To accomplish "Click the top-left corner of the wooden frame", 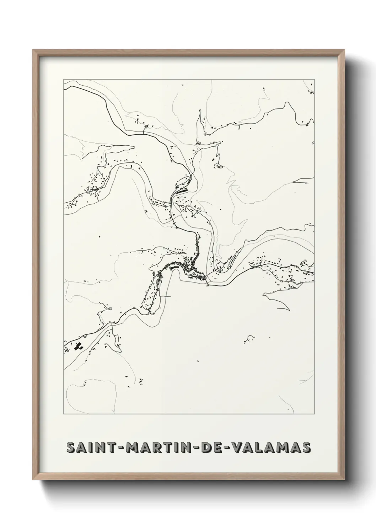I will point(33,50).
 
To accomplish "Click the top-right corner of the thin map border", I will point(314,79).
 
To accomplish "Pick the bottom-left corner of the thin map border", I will point(64,414).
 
